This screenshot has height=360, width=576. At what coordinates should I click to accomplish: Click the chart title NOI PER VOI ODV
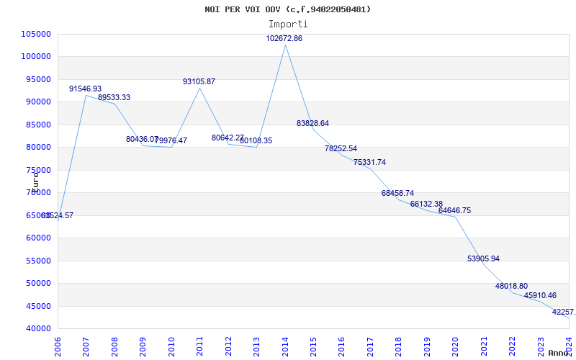(288, 9)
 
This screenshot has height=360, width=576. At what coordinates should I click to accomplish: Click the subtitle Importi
(288, 24)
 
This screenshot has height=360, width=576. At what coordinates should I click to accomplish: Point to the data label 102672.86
(284, 38)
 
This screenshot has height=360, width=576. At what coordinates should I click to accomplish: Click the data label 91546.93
(85, 89)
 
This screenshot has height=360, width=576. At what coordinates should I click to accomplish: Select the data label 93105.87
(199, 81)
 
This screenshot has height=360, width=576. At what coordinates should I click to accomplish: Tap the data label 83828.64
(312, 123)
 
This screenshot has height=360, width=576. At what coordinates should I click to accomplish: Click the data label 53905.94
(483, 258)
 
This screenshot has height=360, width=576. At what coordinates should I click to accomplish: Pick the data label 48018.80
(511, 286)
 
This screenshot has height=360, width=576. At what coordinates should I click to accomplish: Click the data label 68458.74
(397, 193)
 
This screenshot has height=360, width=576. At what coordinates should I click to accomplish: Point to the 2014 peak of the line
(285, 45)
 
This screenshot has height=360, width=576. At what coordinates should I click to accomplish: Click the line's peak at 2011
(199, 88)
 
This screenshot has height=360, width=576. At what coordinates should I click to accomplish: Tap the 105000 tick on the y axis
(36, 34)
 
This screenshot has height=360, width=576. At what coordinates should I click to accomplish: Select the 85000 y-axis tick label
(36, 125)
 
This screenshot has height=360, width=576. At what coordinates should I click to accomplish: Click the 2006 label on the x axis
(58, 343)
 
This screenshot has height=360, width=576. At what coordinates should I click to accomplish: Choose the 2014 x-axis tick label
(285, 343)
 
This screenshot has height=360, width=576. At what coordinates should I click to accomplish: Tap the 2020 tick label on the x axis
(455, 343)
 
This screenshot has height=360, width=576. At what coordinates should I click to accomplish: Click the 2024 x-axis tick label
(568, 343)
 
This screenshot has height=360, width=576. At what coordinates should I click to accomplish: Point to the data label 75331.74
(369, 162)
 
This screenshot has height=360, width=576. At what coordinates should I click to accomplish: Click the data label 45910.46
(540, 295)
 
